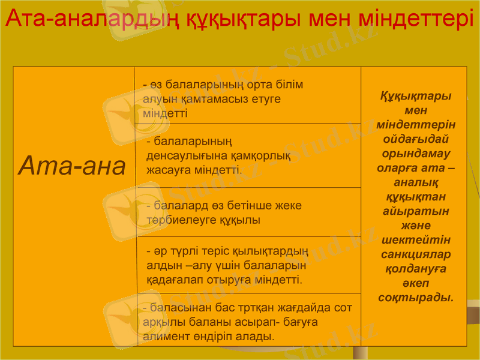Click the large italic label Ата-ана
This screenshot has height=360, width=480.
click(73, 166)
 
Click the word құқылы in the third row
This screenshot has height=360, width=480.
click(244, 220)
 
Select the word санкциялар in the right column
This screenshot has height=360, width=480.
click(416, 254)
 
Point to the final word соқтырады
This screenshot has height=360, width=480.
click(416, 298)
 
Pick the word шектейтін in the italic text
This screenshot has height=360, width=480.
click(416, 240)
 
